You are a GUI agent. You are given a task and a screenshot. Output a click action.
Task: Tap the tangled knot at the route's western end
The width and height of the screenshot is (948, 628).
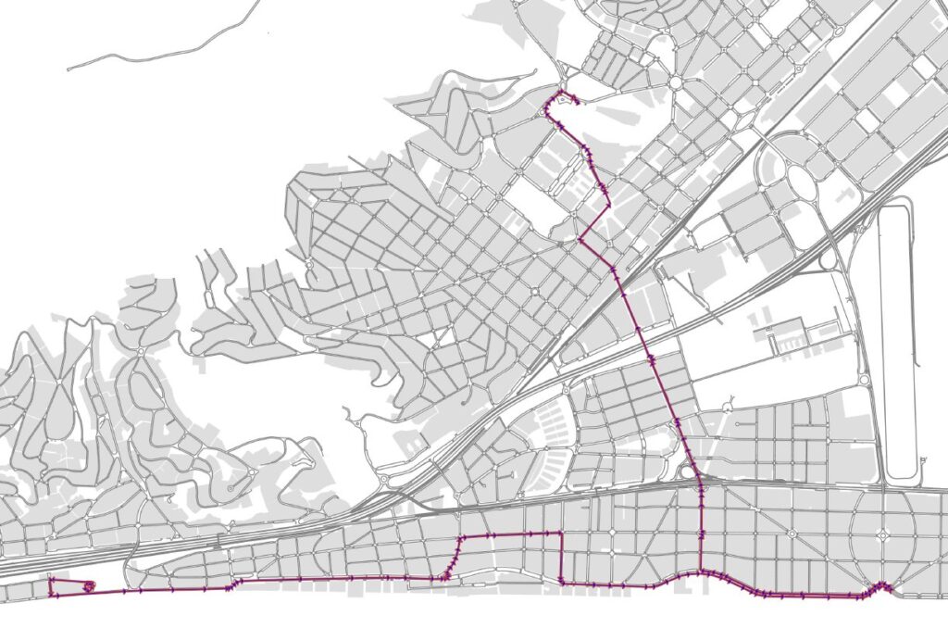point(88,585)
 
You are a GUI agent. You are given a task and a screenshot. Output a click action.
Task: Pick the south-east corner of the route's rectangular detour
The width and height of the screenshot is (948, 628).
point(561,582)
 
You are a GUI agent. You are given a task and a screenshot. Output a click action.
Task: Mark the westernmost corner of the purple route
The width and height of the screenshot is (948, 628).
point(50,580)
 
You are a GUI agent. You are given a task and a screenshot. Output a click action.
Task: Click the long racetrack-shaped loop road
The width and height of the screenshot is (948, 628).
point(896,343)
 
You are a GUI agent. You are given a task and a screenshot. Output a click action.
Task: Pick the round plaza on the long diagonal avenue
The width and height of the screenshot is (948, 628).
point(793,533)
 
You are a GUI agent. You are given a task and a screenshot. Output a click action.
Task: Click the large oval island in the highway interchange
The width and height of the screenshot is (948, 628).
point(804,183)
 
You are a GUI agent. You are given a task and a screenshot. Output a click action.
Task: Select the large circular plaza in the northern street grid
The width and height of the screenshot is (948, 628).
point(675,82)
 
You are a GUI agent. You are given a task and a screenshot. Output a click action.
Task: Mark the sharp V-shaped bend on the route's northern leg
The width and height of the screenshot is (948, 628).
point(580,239)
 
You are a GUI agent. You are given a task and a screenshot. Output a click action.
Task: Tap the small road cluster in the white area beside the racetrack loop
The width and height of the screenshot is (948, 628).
point(787,333)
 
